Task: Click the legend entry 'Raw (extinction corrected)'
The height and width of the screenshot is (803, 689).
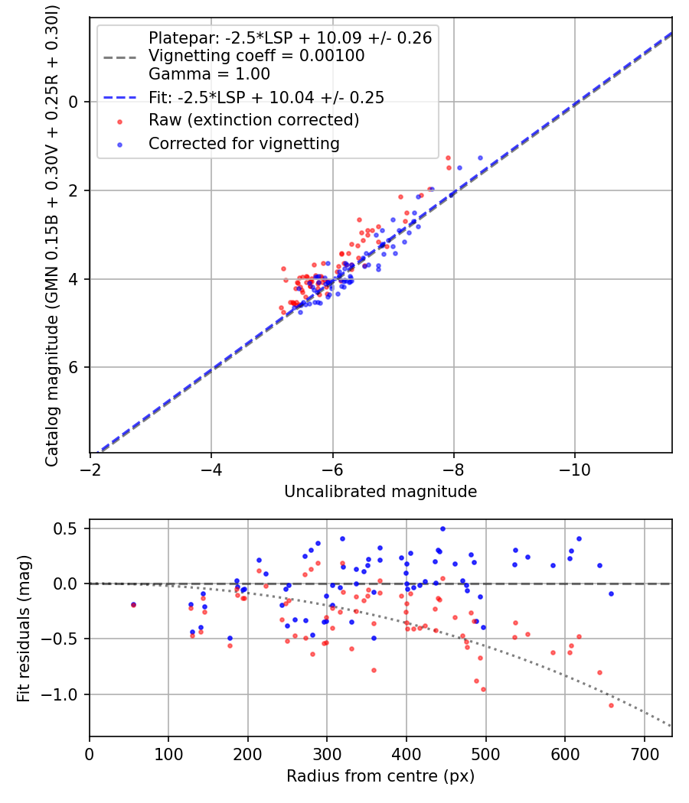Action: (253, 120)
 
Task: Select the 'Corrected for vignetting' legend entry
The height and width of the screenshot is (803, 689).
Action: (244, 143)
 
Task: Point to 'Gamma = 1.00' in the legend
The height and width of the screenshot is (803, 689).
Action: (209, 74)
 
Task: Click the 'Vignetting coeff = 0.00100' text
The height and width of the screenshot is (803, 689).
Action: (256, 56)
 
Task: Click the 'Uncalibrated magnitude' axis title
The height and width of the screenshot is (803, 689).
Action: (380, 492)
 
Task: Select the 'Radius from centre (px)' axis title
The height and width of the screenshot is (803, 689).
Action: (380, 776)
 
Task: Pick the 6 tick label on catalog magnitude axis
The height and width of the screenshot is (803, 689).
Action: (74, 368)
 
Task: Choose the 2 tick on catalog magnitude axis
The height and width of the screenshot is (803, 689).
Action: (74, 190)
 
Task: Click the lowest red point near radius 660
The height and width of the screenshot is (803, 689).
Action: (611, 705)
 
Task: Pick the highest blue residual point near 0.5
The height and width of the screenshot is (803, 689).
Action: (442, 528)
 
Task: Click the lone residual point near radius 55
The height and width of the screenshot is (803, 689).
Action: (133, 605)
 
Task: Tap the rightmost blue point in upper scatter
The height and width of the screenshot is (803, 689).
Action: (480, 158)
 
